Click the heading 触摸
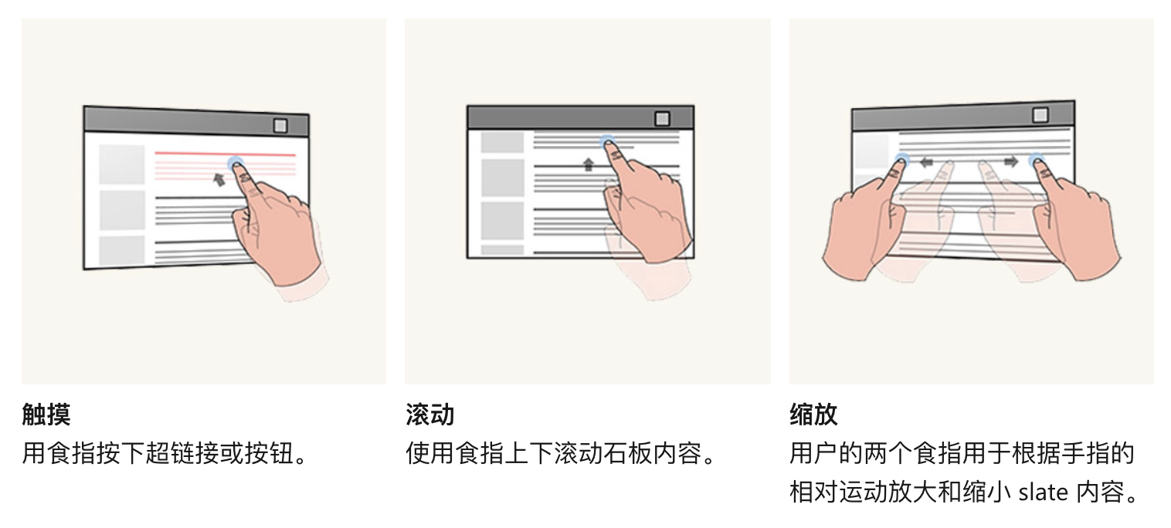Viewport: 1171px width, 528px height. coord(46,415)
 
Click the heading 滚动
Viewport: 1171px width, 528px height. coord(429,415)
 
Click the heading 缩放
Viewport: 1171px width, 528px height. coord(813,415)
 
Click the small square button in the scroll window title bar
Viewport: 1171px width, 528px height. coord(662,118)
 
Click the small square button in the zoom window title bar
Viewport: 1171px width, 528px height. coord(1040,115)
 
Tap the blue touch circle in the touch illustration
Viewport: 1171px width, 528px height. coord(236,164)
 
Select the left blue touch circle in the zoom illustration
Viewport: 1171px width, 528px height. coord(901,161)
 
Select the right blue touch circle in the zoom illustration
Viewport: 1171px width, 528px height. coord(1037,161)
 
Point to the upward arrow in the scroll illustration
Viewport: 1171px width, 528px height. coord(589,164)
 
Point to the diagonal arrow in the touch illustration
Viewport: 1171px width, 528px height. coord(219,179)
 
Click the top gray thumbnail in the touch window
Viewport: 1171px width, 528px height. coord(121,164)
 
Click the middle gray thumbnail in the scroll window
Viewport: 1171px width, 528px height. coord(502,178)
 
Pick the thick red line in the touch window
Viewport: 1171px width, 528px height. coord(224,154)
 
